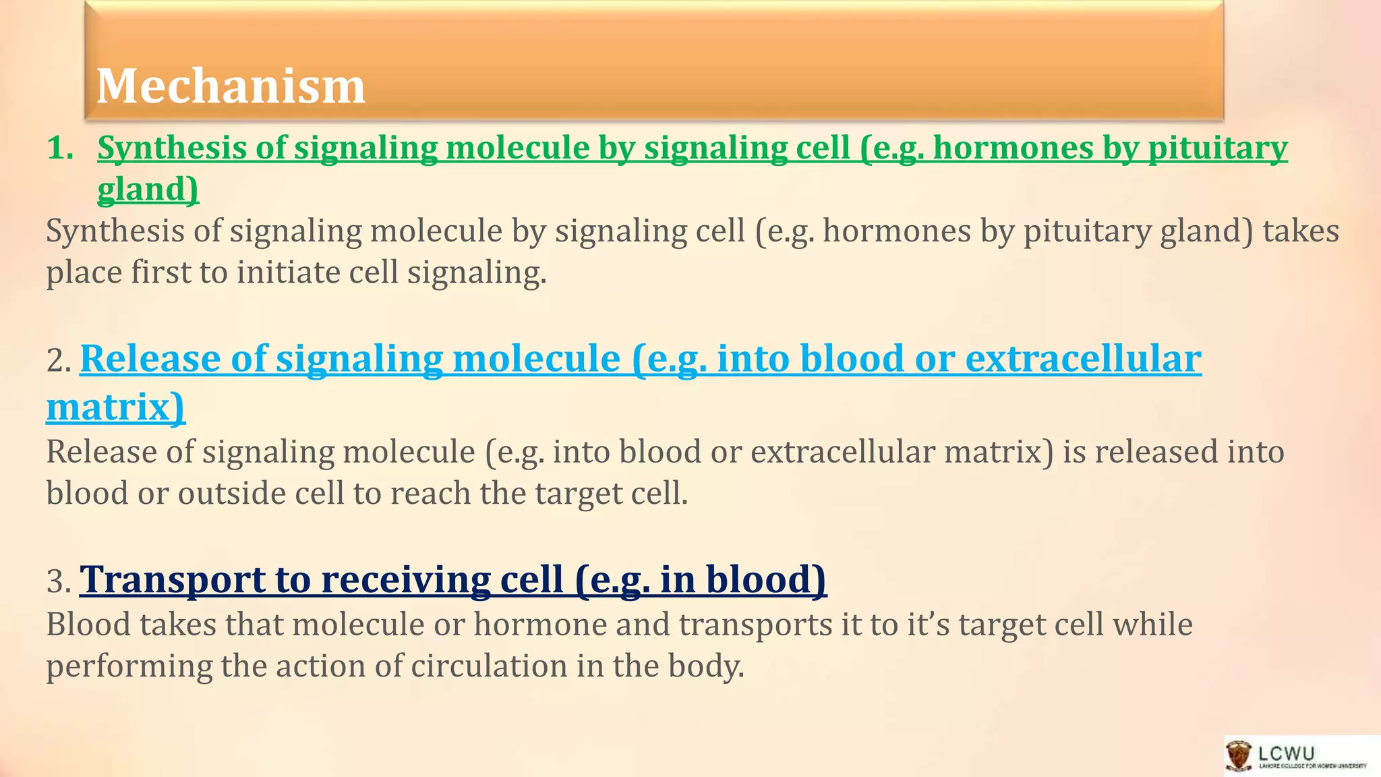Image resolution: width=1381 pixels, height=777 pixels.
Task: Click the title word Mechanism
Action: click(231, 86)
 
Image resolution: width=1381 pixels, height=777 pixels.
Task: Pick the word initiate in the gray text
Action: click(289, 273)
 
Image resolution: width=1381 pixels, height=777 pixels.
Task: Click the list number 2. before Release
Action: click(59, 360)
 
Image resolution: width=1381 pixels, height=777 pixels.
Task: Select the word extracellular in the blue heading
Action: click(1083, 359)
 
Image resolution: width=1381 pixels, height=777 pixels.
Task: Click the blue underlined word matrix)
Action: click(115, 407)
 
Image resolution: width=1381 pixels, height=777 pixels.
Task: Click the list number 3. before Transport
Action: click(59, 581)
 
